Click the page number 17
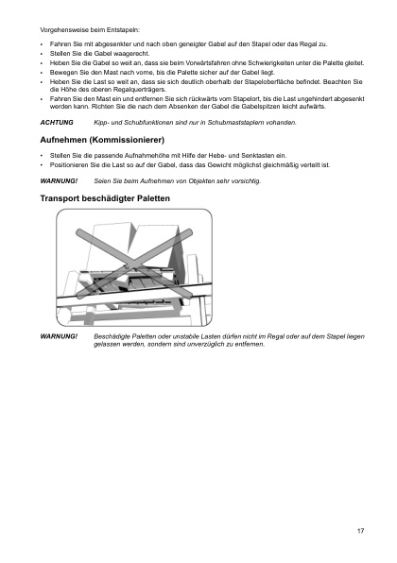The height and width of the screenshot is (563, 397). [x=361, y=531]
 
